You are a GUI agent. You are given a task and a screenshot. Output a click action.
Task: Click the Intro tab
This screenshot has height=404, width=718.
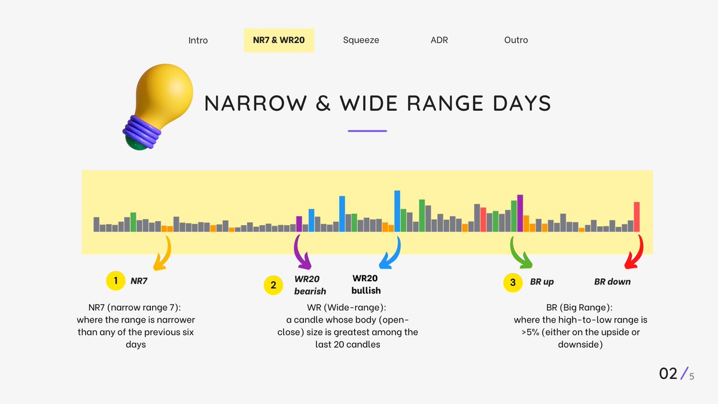[x=198, y=40]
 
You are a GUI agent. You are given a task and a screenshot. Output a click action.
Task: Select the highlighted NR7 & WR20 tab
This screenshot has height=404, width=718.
[x=279, y=40]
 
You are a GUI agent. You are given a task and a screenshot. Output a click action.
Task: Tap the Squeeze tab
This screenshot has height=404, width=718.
[x=361, y=40]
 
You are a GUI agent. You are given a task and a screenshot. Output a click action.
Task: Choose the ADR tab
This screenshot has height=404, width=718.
[x=439, y=40]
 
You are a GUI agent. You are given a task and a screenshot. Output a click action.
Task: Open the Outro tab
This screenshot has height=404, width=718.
[x=516, y=40]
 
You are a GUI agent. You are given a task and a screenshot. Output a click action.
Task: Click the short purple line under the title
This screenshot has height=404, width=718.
[x=367, y=130]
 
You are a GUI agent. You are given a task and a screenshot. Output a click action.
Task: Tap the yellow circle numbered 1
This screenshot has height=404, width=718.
[x=114, y=280]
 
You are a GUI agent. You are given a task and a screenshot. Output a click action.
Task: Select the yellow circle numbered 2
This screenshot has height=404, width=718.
[x=273, y=285]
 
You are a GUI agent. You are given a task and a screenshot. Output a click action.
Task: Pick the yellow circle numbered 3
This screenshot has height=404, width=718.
[x=512, y=281]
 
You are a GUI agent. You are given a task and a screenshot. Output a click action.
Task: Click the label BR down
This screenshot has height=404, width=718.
[x=612, y=281]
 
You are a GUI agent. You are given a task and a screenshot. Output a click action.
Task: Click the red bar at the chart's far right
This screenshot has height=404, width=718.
[x=637, y=217]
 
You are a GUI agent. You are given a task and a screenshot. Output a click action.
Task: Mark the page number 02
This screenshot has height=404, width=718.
[x=668, y=373]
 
